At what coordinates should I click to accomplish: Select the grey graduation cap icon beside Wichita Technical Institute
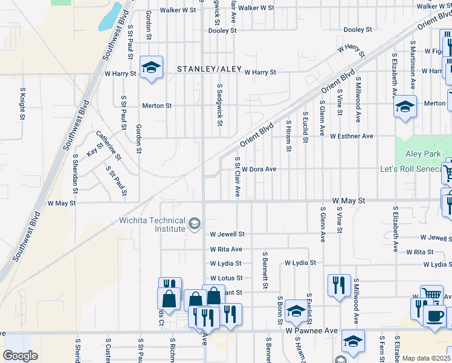pos(194,224)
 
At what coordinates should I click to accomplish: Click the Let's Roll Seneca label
pos(412,169)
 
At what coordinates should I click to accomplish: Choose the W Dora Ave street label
pos(260,169)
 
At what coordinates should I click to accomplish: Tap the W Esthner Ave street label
pos(351,136)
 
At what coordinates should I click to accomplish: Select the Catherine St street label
pos(109,146)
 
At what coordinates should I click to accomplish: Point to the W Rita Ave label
pos(226,249)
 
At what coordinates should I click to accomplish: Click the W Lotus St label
pos(226,278)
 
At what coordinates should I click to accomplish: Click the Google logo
pos(20,356)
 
